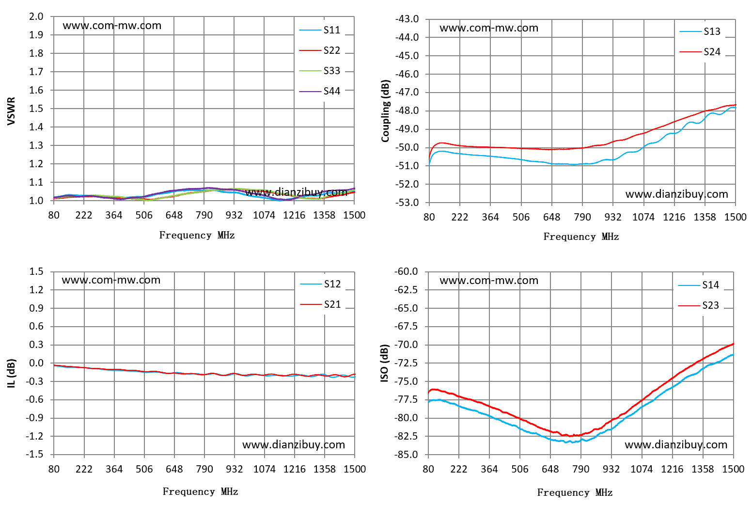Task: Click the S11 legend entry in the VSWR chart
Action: pos(320,30)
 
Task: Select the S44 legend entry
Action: pos(320,91)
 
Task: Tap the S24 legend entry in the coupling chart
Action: pos(700,52)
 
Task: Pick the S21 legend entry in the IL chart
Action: pos(320,304)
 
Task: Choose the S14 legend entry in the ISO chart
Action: pos(698,285)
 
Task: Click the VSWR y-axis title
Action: pos(11,111)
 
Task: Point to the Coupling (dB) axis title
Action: pos(385,111)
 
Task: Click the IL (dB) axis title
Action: pos(11,373)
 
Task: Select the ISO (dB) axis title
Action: pos(384,364)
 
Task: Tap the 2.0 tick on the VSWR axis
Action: pos(36,16)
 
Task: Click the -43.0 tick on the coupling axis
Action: pos(407,19)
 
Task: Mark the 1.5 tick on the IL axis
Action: pos(36,271)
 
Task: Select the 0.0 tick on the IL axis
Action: pos(36,363)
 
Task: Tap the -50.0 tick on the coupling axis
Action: pos(407,147)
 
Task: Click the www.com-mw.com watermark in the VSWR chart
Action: pos(112,26)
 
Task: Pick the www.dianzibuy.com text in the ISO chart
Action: pos(676,445)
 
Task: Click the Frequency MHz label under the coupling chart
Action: pos(581,237)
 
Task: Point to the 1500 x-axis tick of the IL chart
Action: pos(355,469)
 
